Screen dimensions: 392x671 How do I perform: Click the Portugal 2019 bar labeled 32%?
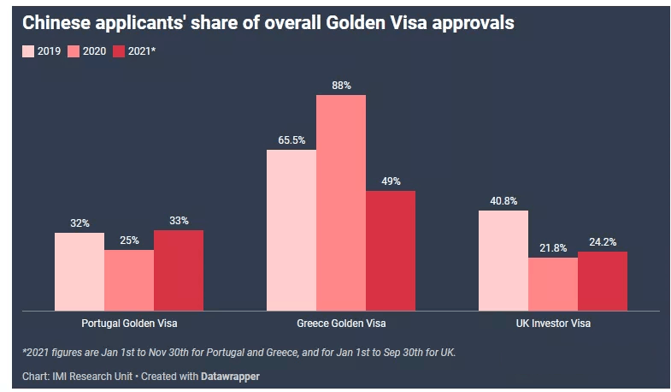click(79, 271)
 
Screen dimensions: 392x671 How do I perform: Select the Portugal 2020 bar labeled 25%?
click(129, 280)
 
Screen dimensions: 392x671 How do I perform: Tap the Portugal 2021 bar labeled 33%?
click(179, 270)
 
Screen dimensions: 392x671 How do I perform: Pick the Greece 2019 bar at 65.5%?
click(291, 230)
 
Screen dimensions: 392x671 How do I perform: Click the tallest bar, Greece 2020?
click(341, 203)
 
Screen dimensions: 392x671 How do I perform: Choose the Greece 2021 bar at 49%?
click(391, 250)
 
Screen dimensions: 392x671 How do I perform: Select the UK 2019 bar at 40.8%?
click(503, 260)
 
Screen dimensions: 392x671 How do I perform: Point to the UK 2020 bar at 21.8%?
click(553, 284)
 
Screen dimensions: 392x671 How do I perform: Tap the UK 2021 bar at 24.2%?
click(603, 281)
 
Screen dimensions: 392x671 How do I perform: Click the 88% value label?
click(341, 85)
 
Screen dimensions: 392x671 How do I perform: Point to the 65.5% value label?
click(291, 140)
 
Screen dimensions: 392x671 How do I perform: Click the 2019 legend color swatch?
click(28, 51)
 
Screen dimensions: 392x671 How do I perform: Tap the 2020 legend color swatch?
click(74, 51)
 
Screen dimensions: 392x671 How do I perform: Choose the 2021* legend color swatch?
click(119, 51)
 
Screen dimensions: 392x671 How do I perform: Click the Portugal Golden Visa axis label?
click(129, 324)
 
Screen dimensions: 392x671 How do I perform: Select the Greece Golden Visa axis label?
click(341, 324)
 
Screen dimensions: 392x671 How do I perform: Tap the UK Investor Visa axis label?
click(553, 324)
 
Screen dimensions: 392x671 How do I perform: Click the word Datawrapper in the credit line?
click(230, 376)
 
